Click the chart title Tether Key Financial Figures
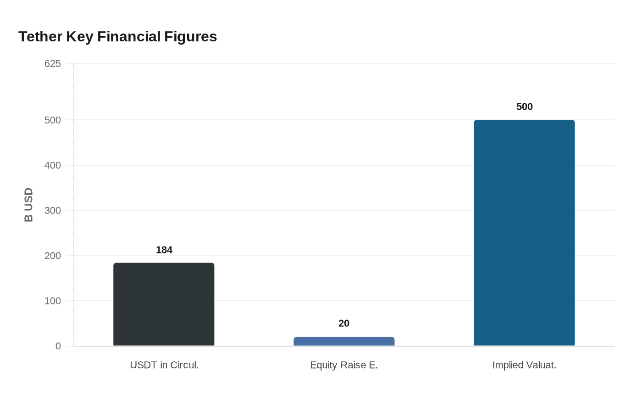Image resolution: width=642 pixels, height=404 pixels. pos(117,36)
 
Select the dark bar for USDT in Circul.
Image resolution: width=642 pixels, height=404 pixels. pos(164,304)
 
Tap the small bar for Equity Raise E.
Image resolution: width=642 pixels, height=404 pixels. pos(344,341)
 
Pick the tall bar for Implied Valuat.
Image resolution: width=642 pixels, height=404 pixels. pos(524,233)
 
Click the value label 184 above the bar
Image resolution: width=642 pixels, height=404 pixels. pos(164,250)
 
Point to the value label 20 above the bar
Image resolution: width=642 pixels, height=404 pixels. pos(344,323)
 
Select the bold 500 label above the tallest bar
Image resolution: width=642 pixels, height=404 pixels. pos(524,107)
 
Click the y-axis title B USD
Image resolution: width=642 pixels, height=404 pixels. pos(28,205)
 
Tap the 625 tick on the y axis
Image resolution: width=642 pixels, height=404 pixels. pos(53,63)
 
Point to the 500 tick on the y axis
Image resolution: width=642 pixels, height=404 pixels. pos(53,120)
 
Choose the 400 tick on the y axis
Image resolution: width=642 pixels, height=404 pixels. pos(53,165)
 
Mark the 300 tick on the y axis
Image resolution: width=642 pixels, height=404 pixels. pos(53,210)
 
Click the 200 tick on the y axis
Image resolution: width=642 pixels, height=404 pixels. pos(53,256)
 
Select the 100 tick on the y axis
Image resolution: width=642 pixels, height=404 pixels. pos(53,301)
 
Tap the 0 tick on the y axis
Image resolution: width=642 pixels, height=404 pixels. pos(58,346)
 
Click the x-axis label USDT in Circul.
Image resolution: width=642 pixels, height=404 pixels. pos(164,365)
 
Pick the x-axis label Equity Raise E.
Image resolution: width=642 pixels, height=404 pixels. pos(344,365)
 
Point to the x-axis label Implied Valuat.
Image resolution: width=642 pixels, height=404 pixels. pos(524,365)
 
